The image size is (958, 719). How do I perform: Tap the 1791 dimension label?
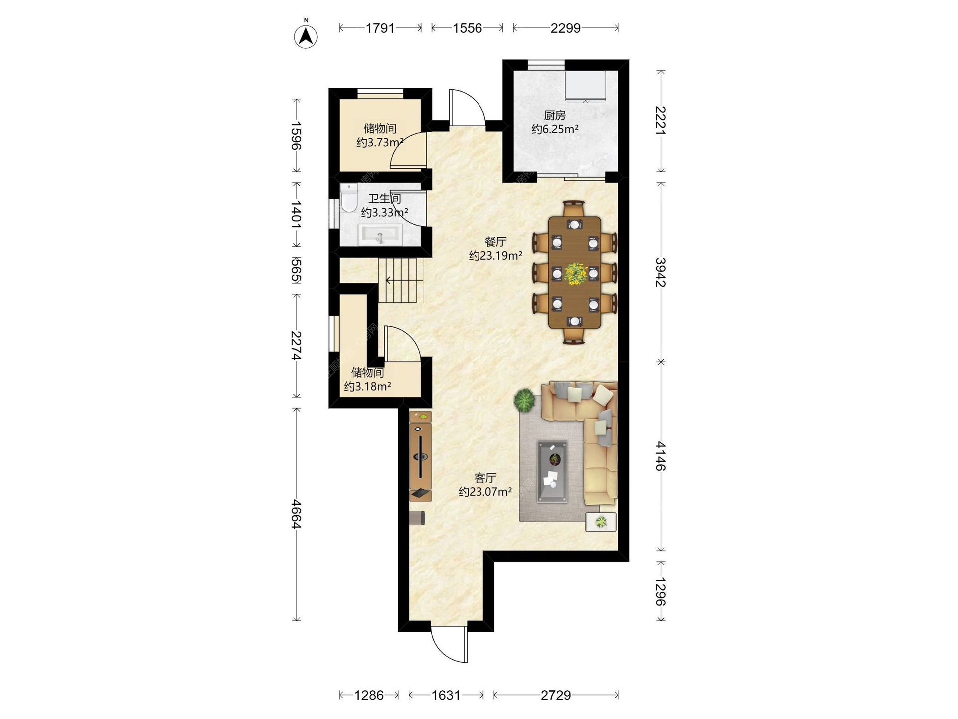click(x=380, y=28)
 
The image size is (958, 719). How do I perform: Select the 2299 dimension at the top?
click(x=565, y=28)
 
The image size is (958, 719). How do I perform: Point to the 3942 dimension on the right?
click(x=661, y=272)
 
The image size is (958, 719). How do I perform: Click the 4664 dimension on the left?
click(x=296, y=514)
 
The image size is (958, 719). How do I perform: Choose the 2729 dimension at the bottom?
click(x=556, y=695)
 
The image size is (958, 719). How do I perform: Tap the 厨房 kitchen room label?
click(x=555, y=116)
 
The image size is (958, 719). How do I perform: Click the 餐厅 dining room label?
click(x=495, y=242)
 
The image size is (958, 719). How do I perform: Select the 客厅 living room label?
click(x=485, y=478)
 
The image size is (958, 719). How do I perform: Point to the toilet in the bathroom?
click(x=349, y=198)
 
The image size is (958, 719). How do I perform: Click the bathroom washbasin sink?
click(x=380, y=235)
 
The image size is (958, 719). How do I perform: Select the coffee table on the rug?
click(x=552, y=472)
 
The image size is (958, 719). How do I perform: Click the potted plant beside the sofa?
click(x=524, y=400)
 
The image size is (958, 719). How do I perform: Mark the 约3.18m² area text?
click(x=368, y=386)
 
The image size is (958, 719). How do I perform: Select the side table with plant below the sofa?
click(x=601, y=522)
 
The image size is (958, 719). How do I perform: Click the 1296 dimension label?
click(x=661, y=592)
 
